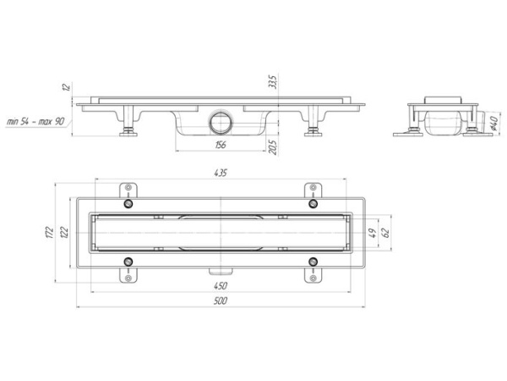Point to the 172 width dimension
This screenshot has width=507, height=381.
[51, 233]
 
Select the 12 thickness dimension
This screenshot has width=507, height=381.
[65, 87]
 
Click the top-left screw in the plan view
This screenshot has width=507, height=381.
[128, 204]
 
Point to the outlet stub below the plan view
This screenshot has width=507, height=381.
[222, 272]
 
